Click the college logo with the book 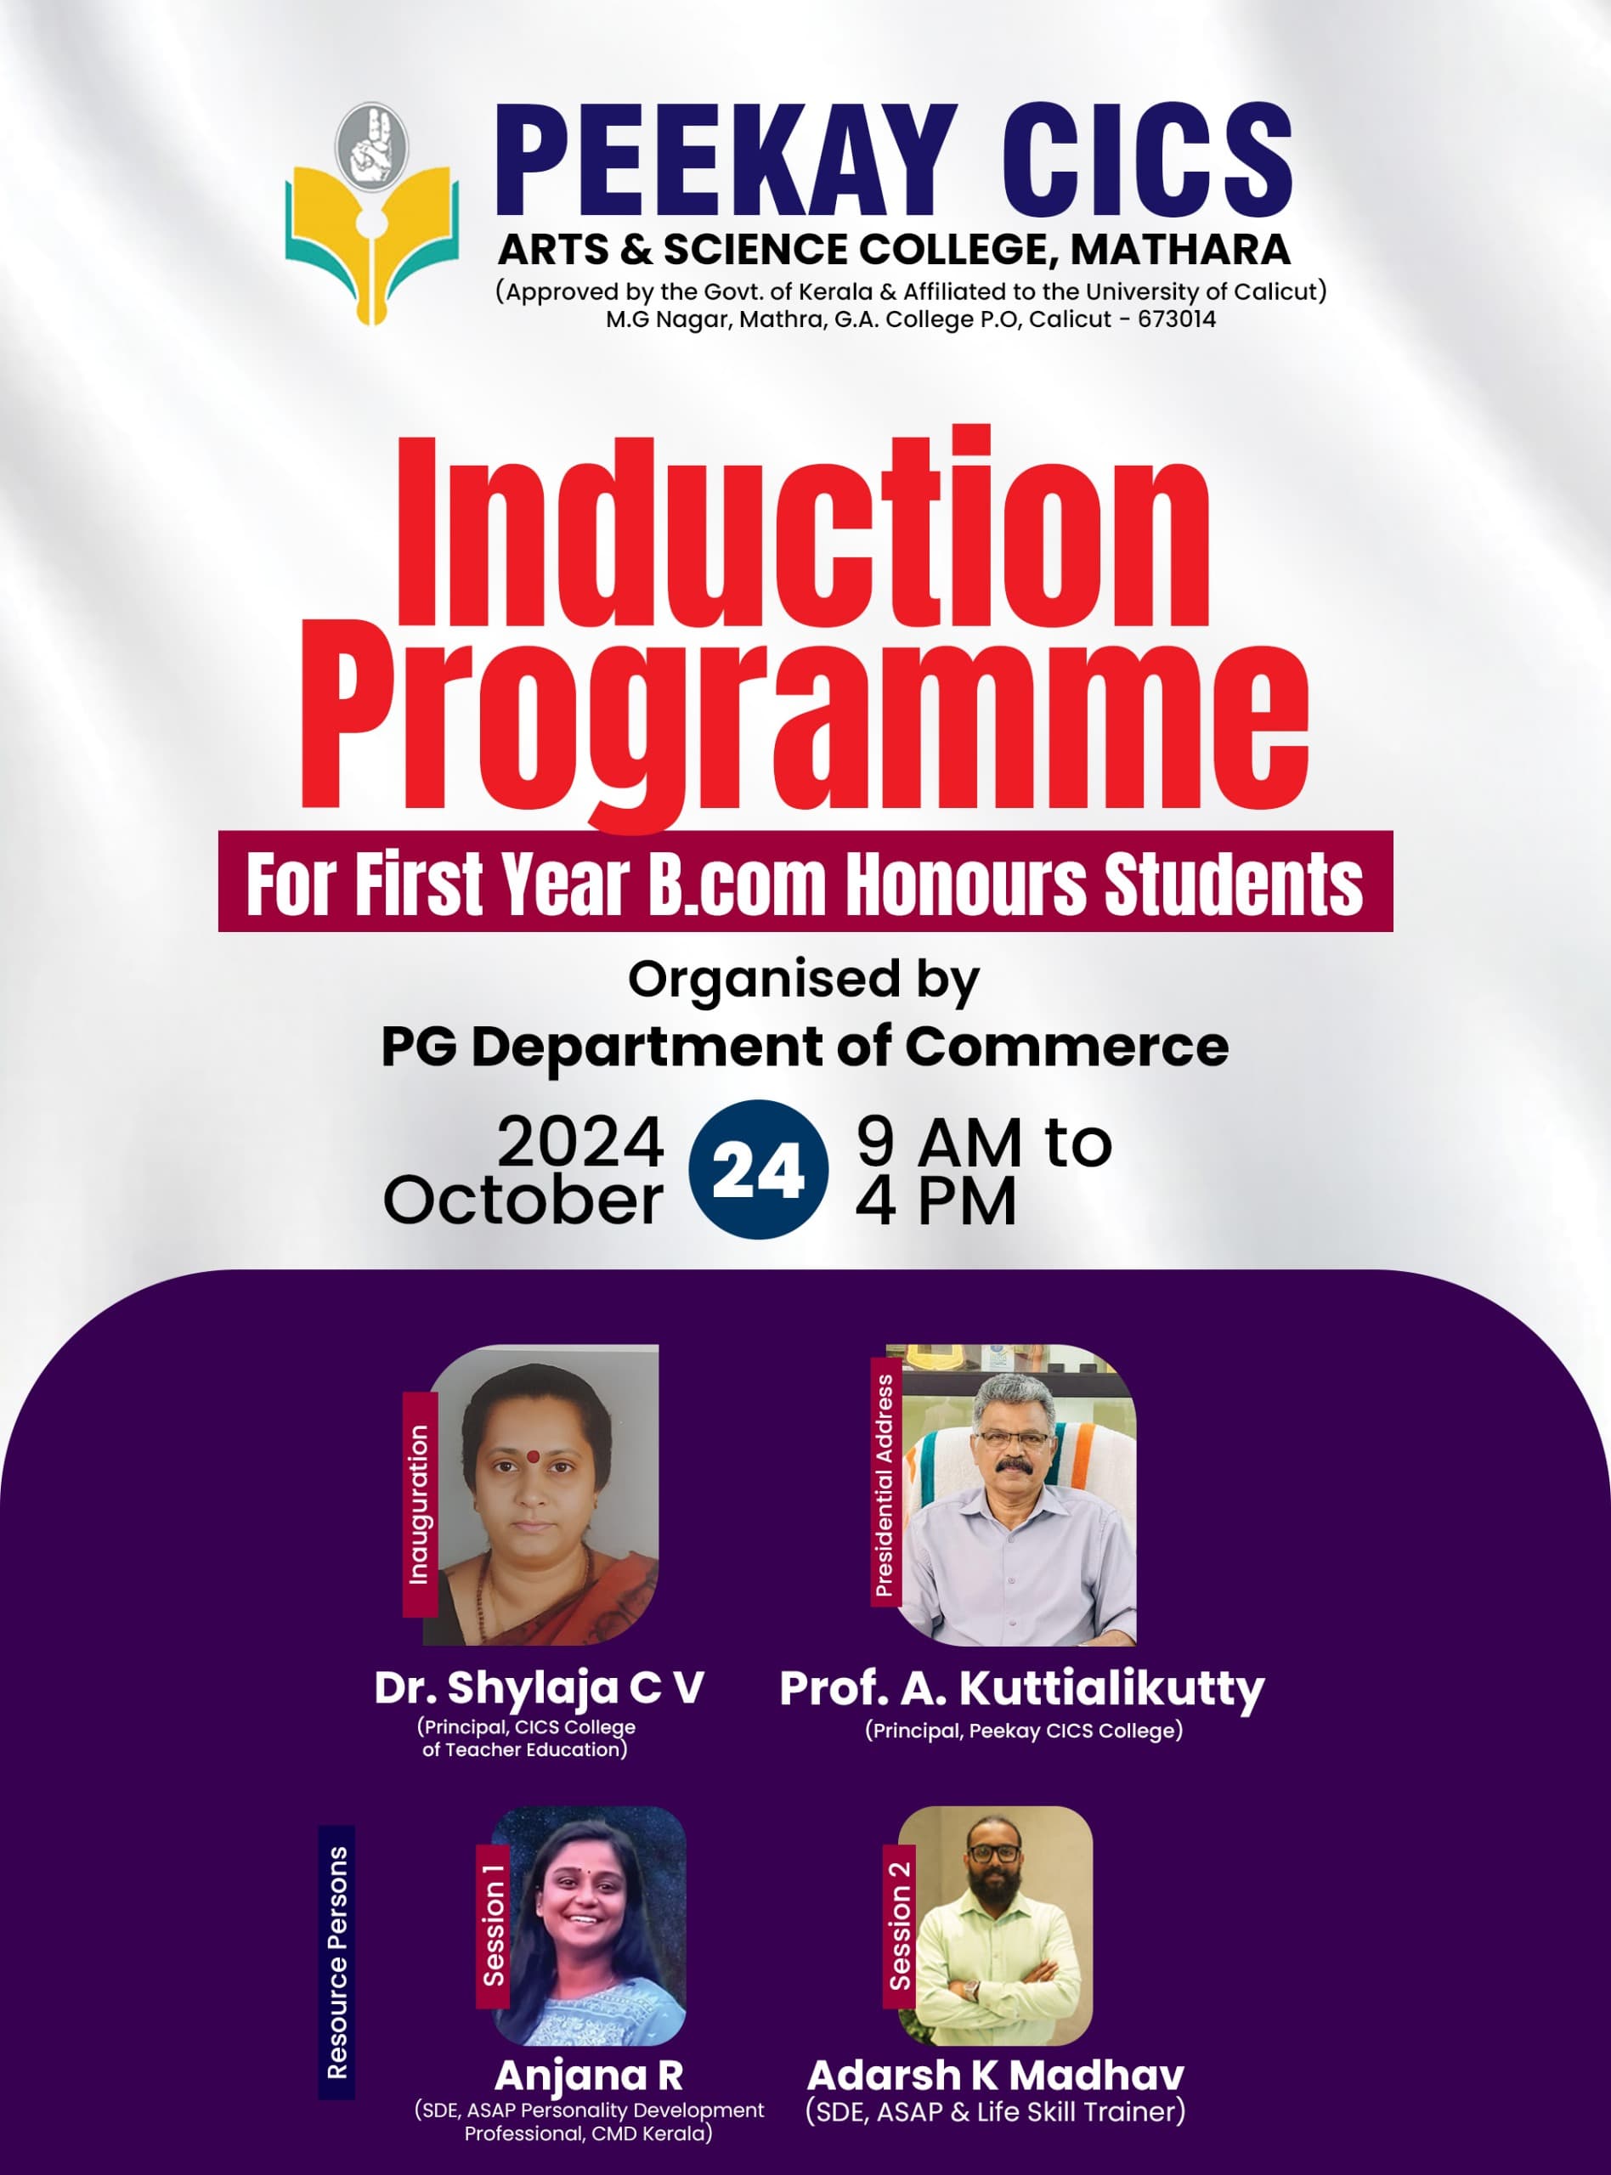(371, 213)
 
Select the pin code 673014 (1176, 319)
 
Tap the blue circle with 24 (758, 1170)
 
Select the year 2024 (580, 1142)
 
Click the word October (523, 1199)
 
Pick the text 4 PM (936, 1200)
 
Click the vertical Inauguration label (420, 1505)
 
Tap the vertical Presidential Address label (885, 1485)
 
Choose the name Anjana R (588, 2075)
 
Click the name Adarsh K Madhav (996, 2075)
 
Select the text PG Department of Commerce (805, 1047)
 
